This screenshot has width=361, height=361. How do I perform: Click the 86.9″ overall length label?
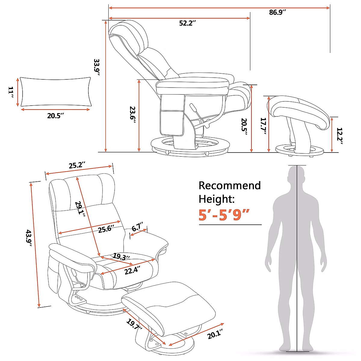tap(277, 12)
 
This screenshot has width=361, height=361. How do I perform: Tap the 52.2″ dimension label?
tap(187, 23)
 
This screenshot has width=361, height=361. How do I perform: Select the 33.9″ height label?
tap(97, 67)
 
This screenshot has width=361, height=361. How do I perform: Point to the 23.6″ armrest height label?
tap(133, 114)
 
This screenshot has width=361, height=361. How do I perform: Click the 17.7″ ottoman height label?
tap(264, 126)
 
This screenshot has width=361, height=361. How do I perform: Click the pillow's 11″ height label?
tap(11, 92)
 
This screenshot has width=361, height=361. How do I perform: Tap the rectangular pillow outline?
tap(56, 92)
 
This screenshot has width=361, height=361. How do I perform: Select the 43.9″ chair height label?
tap(29, 238)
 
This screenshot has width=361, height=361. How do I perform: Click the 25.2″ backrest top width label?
tap(77, 165)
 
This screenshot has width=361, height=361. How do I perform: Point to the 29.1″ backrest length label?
tap(80, 209)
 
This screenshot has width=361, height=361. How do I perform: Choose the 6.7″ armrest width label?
tap(138, 227)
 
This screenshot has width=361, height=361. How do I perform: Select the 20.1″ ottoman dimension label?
tap(215, 334)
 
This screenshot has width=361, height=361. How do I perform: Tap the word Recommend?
tap(230, 186)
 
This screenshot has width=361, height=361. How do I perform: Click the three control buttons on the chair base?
tap(79, 298)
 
